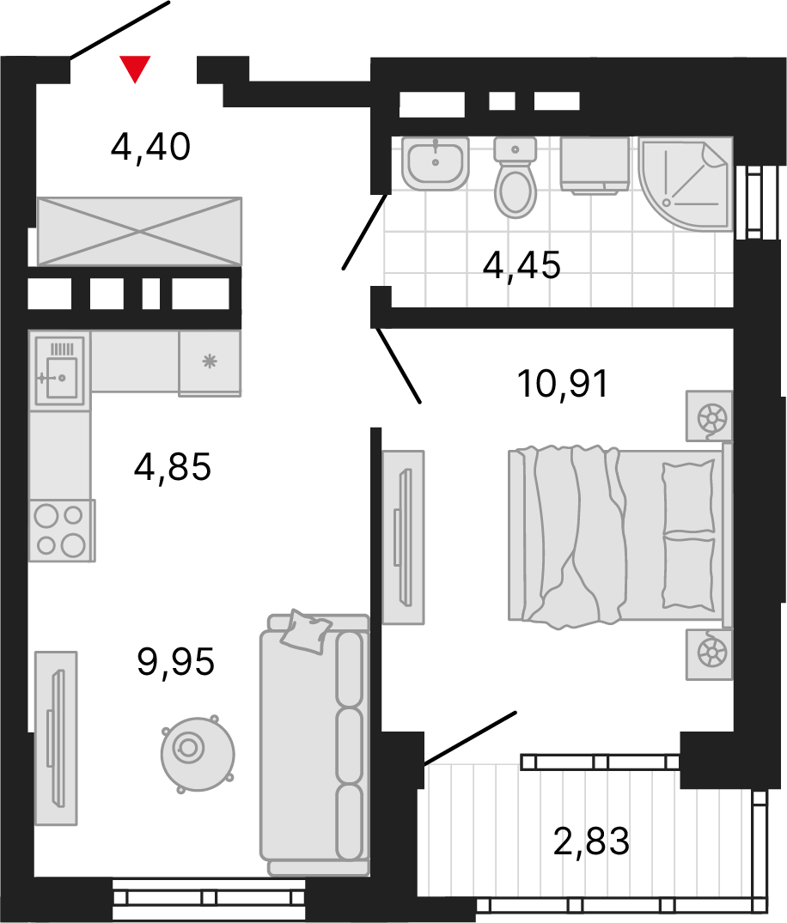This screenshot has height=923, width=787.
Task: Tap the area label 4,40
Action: click(151, 147)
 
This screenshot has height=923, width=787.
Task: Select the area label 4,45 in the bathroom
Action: click(522, 265)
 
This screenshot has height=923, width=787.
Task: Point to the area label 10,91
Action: click(563, 384)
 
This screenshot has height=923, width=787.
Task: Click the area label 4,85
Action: click(173, 467)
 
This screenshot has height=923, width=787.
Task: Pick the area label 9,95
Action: click(175, 662)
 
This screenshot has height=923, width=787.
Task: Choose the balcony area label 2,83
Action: click(591, 841)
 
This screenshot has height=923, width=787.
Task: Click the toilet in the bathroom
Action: click(515, 177)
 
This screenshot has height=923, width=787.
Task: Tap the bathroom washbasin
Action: click(436, 164)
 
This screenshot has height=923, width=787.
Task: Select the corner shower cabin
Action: click(686, 184)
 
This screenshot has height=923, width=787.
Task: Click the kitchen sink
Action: click(59, 371)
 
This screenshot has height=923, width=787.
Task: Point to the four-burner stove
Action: click(61, 531)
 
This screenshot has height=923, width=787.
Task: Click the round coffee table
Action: click(198, 754)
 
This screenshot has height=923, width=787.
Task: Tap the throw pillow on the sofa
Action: click(304, 632)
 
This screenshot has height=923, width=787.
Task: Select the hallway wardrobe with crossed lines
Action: click(139, 231)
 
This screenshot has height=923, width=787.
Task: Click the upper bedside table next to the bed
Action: click(709, 416)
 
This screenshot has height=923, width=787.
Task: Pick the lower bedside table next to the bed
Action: click(709, 654)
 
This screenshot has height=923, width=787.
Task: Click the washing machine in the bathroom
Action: click(595, 166)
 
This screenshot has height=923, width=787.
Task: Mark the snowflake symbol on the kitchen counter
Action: click(210, 361)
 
